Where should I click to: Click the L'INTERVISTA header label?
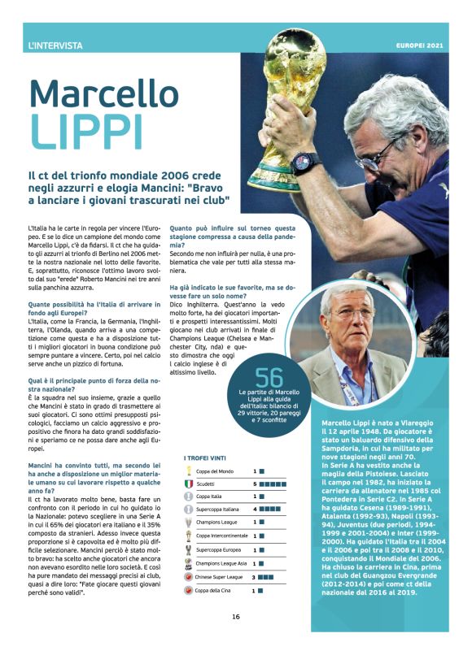pyautogui.click(x=55, y=46)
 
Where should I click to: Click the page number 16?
pyautogui.click(x=235, y=617)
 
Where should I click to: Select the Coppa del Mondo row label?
pyautogui.click(x=213, y=471)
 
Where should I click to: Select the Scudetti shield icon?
pyautogui.click(x=189, y=484)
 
